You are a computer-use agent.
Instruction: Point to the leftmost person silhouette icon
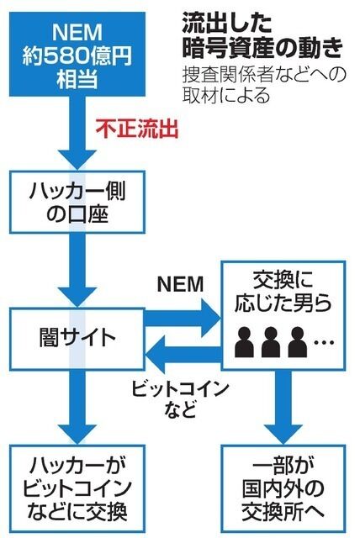pos(245,340)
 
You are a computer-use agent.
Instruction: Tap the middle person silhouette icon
pos(271,340)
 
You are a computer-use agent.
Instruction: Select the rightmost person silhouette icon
pos(297,340)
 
